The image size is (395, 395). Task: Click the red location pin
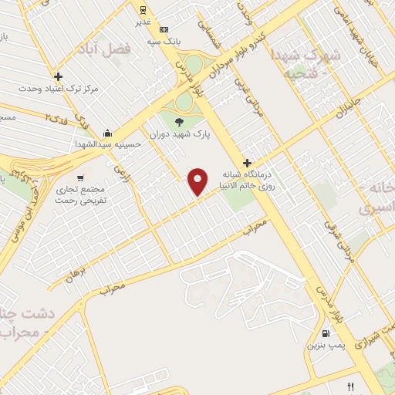tap(198, 181)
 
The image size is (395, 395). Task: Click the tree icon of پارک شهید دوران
tap(180, 121)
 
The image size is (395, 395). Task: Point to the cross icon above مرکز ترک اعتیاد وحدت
tap(59, 76)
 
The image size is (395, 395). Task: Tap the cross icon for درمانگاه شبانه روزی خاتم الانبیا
tap(247, 163)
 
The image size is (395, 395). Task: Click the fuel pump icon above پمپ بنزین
tap(326, 334)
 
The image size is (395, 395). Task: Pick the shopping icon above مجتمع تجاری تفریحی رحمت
tap(81, 177)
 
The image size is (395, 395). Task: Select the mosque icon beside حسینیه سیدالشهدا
tap(107, 132)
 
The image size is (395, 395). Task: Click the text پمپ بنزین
tap(325, 346)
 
